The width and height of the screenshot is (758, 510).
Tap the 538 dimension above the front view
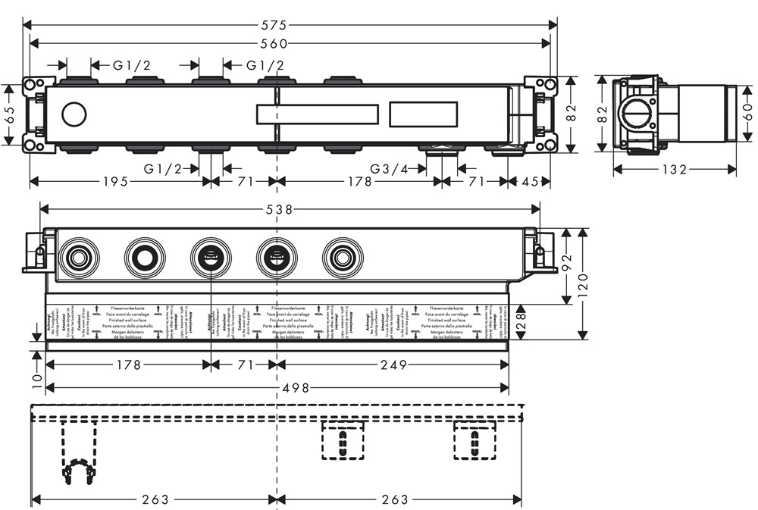pos(290,208)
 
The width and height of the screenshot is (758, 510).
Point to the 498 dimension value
pos(296,388)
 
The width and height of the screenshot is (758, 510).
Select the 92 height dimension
pos(566,265)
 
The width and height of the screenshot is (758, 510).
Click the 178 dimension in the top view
pos(359,182)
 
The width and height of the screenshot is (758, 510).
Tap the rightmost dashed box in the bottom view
pos(475,440)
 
